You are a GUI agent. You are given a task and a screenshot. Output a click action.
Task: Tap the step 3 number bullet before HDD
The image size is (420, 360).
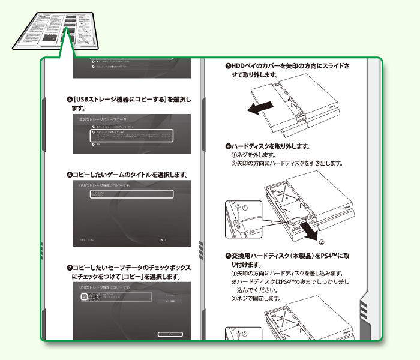(x=228, y=66)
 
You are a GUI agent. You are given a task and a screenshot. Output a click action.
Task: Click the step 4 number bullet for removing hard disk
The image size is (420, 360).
(x=228, y=146)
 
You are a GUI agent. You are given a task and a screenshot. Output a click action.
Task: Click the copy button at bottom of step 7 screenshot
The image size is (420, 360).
(x=171, y=334)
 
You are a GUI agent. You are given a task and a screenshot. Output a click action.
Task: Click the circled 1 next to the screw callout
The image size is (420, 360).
(x=245, y=208)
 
